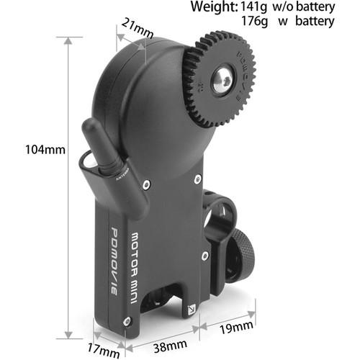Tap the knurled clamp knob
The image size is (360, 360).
[242, 260]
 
